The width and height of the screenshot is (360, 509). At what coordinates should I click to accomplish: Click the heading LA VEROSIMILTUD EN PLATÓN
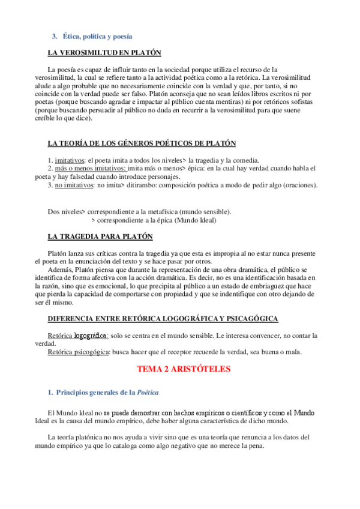coord(104,53)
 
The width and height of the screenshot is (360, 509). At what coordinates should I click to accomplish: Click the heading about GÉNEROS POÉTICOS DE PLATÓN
coord(142,143)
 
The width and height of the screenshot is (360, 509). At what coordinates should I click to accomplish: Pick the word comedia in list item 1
coord(244,160)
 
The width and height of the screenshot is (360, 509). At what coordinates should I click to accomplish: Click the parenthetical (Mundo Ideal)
coord(194,220)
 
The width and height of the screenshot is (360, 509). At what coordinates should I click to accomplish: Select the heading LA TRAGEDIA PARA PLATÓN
coord(100,237)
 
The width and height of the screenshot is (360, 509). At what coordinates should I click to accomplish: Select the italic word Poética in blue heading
coord(147,393)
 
